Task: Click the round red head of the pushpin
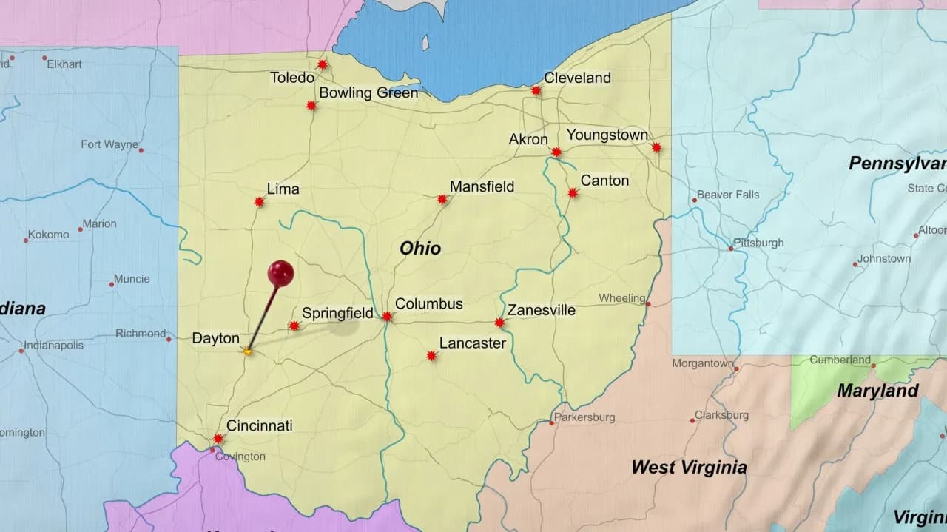pos(280,273)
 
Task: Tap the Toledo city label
pos(291,78)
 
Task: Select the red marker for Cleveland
pos(536,91)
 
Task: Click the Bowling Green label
pos(368,93)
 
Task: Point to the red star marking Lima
pos(259,201)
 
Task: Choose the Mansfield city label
pos(482,186)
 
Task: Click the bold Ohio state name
pos(420,249)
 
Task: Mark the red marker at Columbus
pos(387,317)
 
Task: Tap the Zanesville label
pos(541,310)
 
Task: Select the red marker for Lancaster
pos(431,356)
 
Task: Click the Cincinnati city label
pos(259,425)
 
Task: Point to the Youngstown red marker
pos(656,147)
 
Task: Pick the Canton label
pos(604,181)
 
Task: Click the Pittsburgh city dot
pos(731,249)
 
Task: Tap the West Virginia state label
pos(688,467)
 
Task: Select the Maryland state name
pos(877,391)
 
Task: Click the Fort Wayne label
pos(109,144)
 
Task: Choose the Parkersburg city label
pos(584,417)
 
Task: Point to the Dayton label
pos(215,338)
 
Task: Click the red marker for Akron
pos(556,152)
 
